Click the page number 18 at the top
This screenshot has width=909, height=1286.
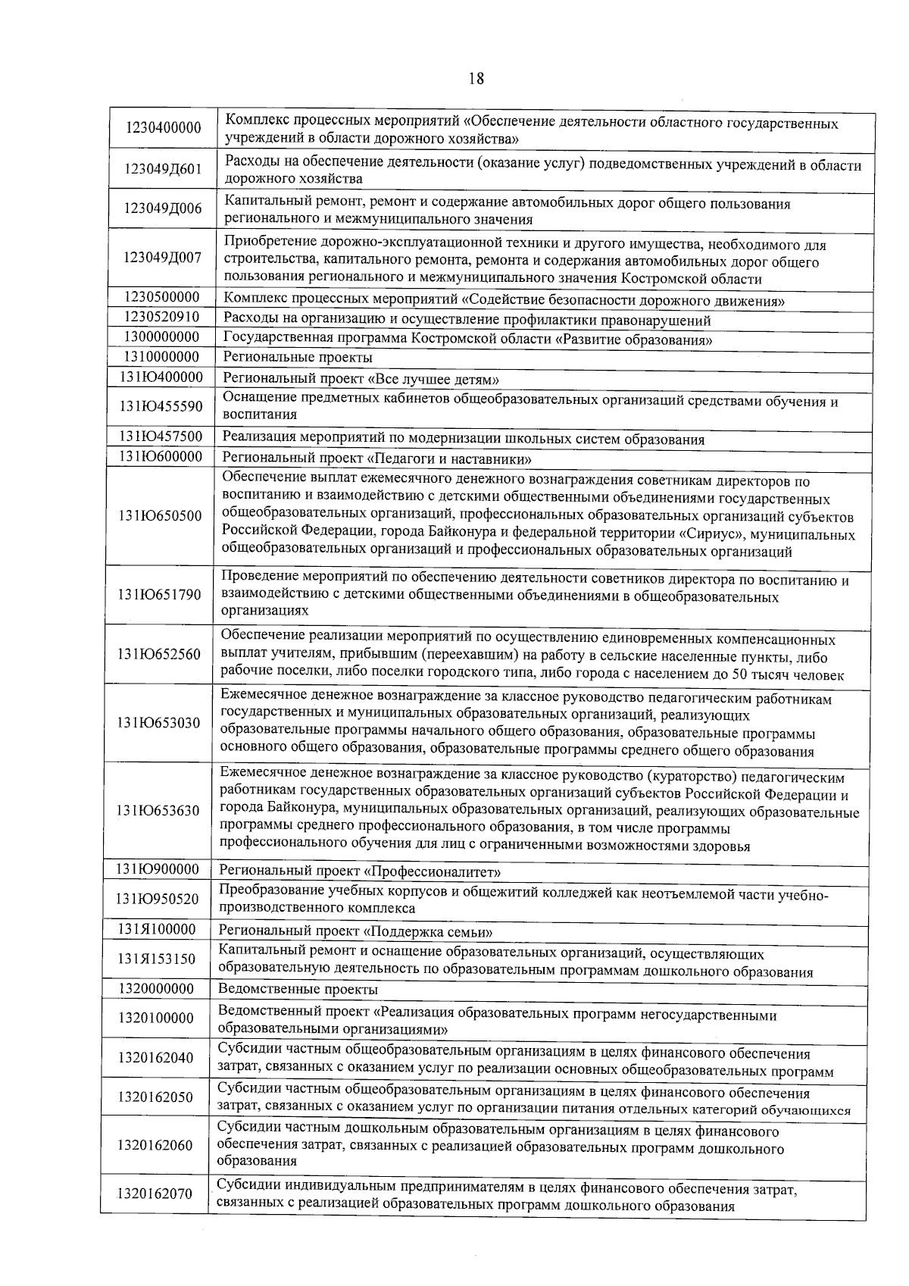coord(476,78)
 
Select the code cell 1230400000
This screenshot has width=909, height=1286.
coord(163,130)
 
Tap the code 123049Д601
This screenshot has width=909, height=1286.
coord(163,169)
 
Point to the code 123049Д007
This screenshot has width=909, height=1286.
coord(163,257)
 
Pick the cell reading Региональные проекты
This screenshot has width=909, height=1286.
coord(298,358)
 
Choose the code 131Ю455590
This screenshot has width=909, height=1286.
coord(161,407)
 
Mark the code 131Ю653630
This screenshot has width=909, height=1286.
coord(158,811)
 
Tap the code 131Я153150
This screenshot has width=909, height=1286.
coord(157,959)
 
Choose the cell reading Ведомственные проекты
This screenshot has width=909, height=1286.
coord(298,990)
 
